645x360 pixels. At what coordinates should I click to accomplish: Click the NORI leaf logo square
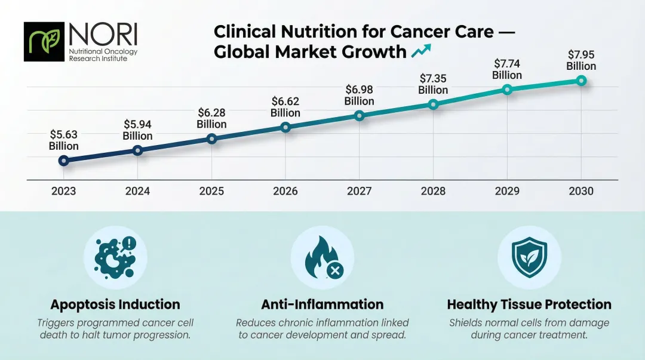[44, 42]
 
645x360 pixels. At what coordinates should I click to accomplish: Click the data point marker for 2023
[64, 161]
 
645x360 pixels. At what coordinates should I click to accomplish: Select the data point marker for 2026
[285, 127]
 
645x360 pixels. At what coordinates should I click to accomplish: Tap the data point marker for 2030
[581, 81]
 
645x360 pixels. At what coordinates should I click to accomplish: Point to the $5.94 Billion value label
[137, 130]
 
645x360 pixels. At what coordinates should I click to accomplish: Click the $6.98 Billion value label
[359, 96]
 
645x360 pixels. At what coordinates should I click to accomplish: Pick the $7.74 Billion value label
[507, 69]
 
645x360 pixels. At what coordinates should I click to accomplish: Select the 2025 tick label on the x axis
[211, 191]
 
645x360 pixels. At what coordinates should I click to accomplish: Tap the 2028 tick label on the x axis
[433, 191]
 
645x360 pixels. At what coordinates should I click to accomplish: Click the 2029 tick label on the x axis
[507, 191]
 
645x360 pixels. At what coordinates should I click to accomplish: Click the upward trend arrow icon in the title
[422, 51]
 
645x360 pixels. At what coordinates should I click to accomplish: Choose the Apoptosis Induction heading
[115, 304]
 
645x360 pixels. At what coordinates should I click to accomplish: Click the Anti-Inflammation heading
[322, 304]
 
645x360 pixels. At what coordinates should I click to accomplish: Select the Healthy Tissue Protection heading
[529, 304]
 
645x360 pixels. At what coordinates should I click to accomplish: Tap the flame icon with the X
[322, 258]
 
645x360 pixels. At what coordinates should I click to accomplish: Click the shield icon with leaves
[529, 257]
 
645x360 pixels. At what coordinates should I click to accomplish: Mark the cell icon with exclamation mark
[115, 257]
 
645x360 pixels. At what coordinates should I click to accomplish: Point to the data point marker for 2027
[359, 115]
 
